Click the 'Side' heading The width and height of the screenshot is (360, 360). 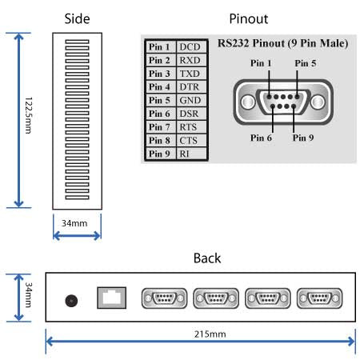click(77, 18)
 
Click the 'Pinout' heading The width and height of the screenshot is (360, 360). click(249, 18)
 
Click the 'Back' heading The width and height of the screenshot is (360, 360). click(206, 258)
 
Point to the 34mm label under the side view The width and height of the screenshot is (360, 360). click(77, 222)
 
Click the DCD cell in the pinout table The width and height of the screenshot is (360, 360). click(190, 48)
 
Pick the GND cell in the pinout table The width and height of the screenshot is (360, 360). click(190, 101)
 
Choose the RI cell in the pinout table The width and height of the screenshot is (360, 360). click(185, 154)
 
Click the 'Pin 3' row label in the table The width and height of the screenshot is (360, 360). click(159, 74)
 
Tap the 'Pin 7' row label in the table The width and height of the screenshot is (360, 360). click(159, 127)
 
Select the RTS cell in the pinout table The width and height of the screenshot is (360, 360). click(190, 127)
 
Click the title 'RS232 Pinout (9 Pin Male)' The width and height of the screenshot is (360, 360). click(282, 43)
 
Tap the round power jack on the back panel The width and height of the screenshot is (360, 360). click(71, 302)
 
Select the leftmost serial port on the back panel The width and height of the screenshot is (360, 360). click(163, 299)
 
